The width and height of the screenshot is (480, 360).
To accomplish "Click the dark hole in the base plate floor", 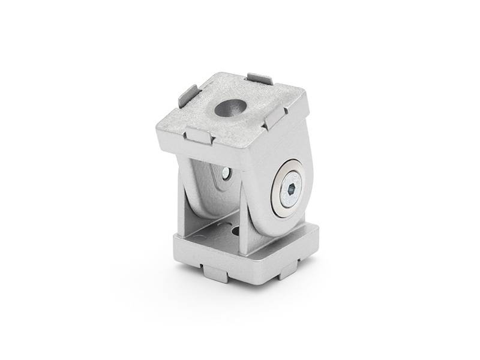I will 234,230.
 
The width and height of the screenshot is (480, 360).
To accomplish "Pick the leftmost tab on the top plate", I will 188,96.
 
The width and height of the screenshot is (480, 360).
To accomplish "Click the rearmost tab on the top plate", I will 260,79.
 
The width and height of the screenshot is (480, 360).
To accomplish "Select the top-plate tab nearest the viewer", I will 200,135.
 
